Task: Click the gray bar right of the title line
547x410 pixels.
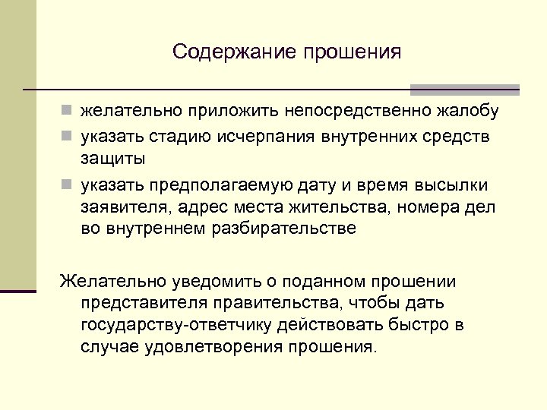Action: point(464,89)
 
